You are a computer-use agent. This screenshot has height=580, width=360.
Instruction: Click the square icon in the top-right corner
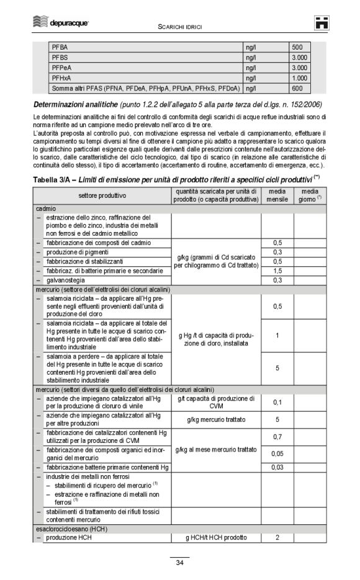coord(320,23)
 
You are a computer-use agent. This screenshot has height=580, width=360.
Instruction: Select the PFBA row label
coord(61,47)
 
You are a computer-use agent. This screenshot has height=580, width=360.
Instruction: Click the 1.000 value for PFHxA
coord(299,78)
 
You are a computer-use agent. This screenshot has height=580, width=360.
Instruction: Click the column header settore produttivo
coord(102,195)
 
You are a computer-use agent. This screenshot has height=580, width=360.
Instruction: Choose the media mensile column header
coord(277,195)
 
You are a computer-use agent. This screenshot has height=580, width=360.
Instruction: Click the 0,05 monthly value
coord(277,453)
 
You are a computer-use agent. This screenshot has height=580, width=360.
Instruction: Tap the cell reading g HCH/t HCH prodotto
coord(215,537)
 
